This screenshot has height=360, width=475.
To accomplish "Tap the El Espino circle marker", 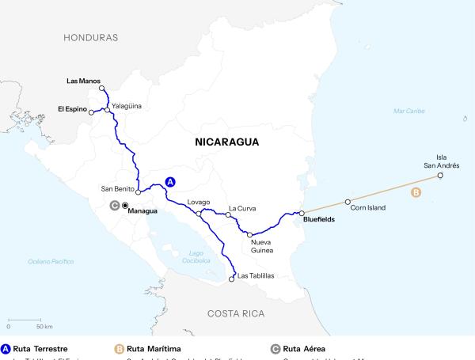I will [91, 112].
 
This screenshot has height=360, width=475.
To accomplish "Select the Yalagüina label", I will [127, 104].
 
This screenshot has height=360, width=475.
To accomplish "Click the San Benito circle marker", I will [138, 191].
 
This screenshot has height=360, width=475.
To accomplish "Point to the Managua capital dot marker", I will [124, 206].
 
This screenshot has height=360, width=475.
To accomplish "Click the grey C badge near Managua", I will [114, 206].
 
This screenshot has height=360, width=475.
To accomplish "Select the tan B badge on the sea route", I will [416, 192].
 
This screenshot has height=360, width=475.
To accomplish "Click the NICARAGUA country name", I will [227, 142].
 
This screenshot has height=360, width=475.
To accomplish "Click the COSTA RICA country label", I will [236, 313].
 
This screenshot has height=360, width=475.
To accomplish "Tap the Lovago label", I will [199, 203].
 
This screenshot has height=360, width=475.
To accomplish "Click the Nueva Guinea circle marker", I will [249, 235].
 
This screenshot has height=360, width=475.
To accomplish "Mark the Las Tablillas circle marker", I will [232, 278].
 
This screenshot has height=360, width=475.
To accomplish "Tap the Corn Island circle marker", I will [348, 202].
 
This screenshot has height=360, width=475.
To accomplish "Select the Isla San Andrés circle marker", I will [440, 176].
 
